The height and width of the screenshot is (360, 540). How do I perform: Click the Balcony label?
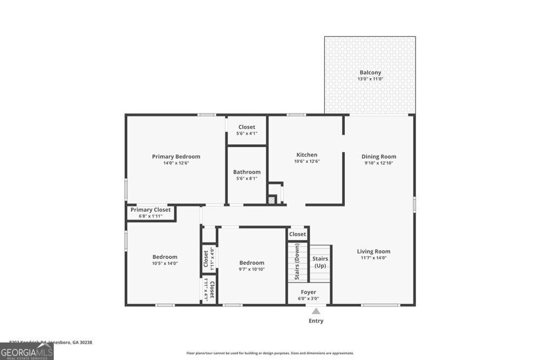coord(370,73)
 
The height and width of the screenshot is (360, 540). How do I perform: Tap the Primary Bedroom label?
coord(176,157)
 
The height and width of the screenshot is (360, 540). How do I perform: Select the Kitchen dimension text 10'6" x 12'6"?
coord(306,162)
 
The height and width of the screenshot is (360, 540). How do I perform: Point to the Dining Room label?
coord(379,157)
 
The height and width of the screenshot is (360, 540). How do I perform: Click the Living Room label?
coord(373,251)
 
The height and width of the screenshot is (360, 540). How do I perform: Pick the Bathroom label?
coord(247,172)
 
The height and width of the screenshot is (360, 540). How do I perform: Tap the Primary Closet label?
coord(151,210)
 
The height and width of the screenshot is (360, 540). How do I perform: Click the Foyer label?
coord(308,292)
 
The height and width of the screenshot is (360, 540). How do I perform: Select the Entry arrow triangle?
coord(316,311)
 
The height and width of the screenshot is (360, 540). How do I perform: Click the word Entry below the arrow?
coord(316,321)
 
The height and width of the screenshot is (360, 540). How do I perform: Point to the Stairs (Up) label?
coord(320,262)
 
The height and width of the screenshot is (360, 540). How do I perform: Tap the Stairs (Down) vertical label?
coord(297,261)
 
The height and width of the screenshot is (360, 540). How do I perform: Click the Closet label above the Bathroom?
coord(247,127)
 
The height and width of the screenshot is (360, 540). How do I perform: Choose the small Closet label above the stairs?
coord(297,234)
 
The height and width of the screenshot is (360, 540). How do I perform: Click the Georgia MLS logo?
coord(27,352)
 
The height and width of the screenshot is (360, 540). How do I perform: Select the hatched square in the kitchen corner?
coord(272,200)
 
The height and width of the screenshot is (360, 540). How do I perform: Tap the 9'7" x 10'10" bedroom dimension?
coord(252,269)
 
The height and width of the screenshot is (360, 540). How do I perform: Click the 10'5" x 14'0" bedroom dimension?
coord(165,264)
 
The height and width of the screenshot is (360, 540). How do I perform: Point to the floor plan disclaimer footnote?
coord(270,353)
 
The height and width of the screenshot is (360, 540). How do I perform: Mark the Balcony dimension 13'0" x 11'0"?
coord(370,79)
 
